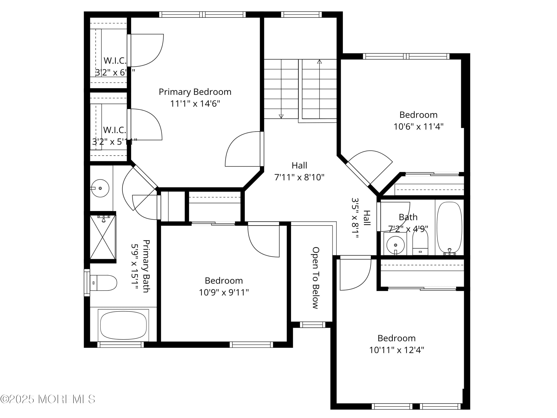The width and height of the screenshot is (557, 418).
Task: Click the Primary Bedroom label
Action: point(195,92)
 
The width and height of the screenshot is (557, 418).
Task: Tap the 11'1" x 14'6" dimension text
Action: point(195,104)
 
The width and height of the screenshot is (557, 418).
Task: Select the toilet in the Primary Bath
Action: point(103,283)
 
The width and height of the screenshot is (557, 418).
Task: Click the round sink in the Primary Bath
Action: point(100,188)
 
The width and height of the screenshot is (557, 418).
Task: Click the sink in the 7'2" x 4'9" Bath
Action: point(395,245)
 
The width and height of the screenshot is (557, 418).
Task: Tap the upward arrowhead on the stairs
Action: point(319,62)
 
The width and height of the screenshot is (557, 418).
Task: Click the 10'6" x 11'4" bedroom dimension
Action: point(418,127)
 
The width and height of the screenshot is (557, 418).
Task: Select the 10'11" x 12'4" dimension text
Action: point(396,350)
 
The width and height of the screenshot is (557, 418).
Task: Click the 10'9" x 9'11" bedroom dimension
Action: point(224,292)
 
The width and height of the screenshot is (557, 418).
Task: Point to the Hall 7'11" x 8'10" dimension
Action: point(299,177)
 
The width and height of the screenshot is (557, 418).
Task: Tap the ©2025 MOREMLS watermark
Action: point(48,399)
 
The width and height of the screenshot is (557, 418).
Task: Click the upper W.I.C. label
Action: point(115,61)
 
